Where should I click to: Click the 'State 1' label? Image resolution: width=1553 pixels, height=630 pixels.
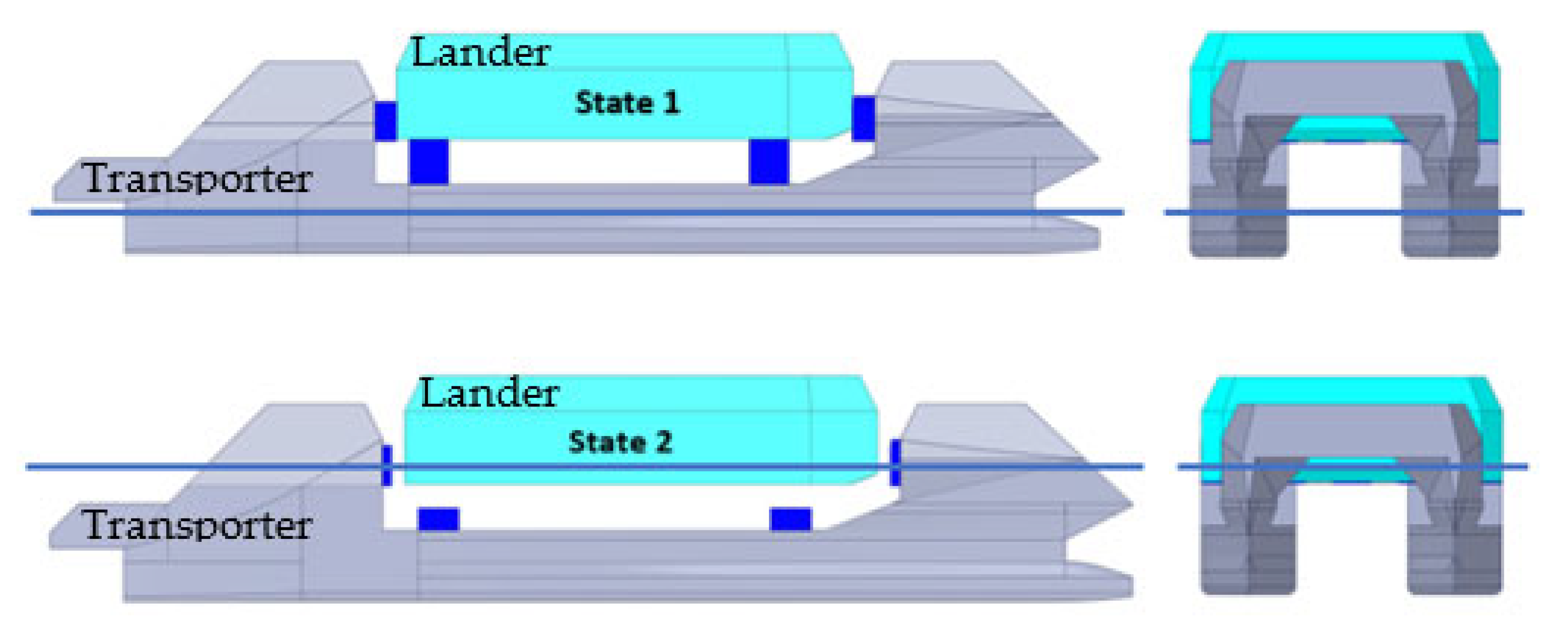point(627,103)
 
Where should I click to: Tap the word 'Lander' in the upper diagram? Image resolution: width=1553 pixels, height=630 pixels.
point(480,52)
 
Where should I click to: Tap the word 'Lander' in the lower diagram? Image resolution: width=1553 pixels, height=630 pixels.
point(489,394)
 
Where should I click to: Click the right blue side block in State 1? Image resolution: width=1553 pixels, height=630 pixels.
point(863,119)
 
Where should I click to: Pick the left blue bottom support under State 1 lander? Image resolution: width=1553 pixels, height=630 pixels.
point(429,161)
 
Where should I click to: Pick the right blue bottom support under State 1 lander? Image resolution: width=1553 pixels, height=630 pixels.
point(768,161)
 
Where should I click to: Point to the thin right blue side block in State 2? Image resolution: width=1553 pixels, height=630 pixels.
point(895,462)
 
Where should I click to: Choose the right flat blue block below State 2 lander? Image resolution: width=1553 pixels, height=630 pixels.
point(791,519)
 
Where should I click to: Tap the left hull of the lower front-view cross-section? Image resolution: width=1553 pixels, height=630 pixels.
point(1248,561)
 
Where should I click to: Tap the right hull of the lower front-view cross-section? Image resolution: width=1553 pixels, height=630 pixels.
point(1454,561)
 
